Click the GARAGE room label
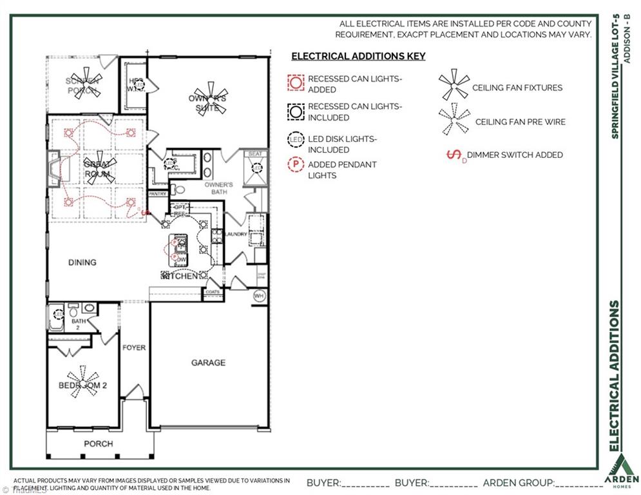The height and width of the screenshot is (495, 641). tap(208, 363)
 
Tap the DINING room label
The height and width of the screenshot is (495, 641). tap(82, 262)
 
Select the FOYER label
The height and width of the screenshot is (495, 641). tap(134, 348)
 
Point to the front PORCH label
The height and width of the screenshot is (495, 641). tap(98, 443)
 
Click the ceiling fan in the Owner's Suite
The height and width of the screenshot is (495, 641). tap(207, 97)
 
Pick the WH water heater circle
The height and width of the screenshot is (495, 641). tap(259, 296)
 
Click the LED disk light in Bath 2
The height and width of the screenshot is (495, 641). tap(59, 315)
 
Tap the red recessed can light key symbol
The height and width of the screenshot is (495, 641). tap(296, 82)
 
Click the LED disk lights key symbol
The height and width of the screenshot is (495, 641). tap(296, 139)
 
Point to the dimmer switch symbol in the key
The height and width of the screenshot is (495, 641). tap(455, 155)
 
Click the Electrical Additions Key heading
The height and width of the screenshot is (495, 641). tap(358, 56)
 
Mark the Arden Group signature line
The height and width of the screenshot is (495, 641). tap(578, 483)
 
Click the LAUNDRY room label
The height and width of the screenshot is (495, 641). tap(236, 234)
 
